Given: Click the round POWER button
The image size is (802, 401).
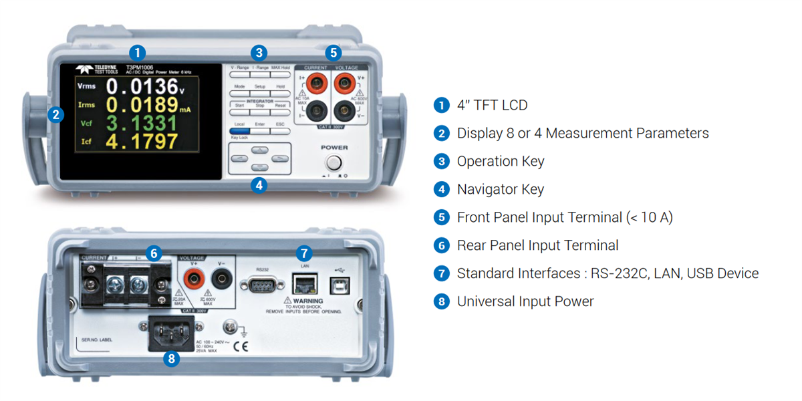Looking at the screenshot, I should click(333, 162).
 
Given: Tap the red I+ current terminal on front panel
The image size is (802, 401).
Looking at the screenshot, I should click(315, 84).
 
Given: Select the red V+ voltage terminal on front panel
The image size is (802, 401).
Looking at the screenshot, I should click(346, 84).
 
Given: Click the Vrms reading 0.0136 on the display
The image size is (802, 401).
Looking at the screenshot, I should click(142, 86).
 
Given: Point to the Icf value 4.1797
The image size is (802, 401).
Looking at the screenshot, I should click(142, 141).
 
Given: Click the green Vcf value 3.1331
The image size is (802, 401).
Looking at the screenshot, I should click(142, 123).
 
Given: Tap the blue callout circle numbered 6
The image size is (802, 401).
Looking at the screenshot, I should click(154, 253).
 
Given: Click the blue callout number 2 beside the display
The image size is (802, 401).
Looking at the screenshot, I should click(57, 114).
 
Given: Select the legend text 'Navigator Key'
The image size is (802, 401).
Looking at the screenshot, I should click(500, 189).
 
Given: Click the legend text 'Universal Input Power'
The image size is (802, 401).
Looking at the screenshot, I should click(525, 301).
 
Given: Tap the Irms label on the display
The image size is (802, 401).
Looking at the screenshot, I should click(86, 104).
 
